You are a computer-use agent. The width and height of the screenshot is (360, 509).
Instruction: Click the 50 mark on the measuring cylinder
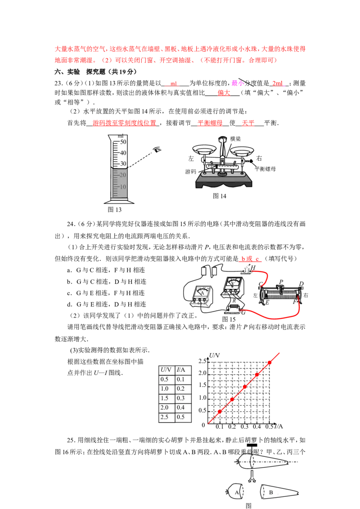(x=123, y=142)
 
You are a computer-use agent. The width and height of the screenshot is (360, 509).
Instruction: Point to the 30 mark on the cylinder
(x=123, y=164)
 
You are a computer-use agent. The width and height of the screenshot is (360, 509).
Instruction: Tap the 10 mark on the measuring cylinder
(x=123, y=187)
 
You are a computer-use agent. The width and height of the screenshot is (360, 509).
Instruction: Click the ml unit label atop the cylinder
(x=120, y=135)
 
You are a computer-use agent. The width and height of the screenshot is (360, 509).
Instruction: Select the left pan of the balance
(x=204, y=148)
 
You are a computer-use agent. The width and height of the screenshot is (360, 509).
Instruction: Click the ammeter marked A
(x=202, y=295)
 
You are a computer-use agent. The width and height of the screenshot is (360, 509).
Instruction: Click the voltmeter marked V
(x=233, y=288)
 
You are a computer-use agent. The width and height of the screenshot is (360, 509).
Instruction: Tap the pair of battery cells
(x=209, y=270)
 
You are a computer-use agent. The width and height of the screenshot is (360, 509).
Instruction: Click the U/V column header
(x=166, y=370)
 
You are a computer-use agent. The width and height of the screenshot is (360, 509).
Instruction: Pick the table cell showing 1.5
(x=166, y=398)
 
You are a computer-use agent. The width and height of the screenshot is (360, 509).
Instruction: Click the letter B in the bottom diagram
(x=271, y=493)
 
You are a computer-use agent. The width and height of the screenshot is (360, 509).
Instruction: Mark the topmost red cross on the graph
(x=270, y=362)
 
